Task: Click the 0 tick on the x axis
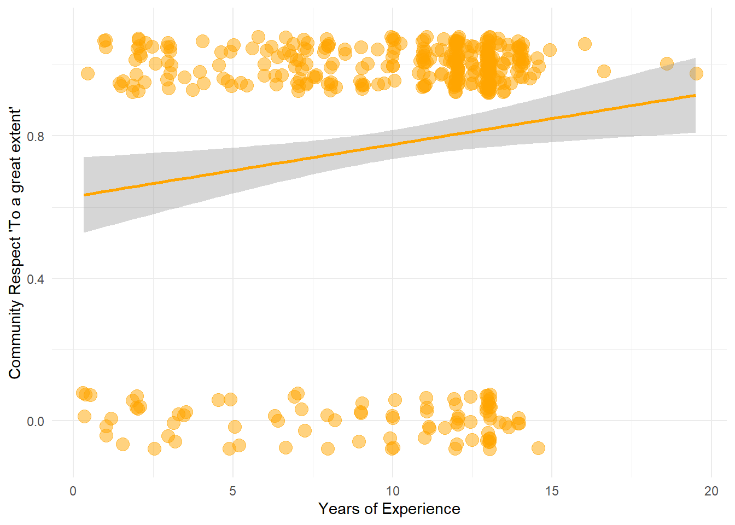coord(73,491)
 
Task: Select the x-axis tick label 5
coord(232,491)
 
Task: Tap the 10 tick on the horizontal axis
coord(392,491)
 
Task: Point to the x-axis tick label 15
coord(552,491)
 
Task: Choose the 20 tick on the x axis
coord(711,491)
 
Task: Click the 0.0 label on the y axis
coord(36,421)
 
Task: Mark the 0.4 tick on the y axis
coord(36,279)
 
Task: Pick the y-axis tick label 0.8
coord(36,136)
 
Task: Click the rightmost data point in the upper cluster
coord(696,73)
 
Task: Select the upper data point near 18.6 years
coord(667,63)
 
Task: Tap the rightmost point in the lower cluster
coord(538,448)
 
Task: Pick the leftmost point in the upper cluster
coord(87,73)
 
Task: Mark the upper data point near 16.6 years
coord(603,71)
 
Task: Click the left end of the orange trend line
coord(84,195)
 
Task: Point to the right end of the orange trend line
coord(695,95)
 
